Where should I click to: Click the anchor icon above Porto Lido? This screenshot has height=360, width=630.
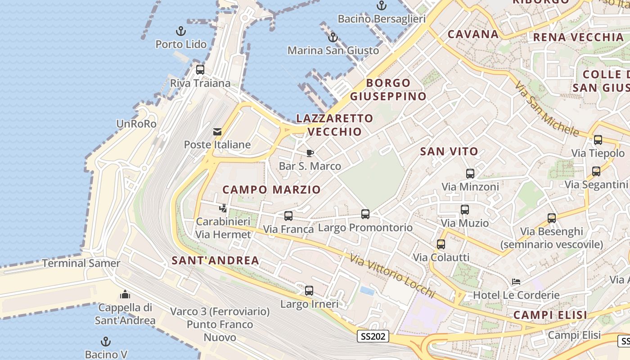[x=180, y=31]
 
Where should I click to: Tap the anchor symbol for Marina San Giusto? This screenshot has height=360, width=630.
[x=333, y=37]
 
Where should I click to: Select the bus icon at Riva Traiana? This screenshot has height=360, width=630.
[x=200, y=70]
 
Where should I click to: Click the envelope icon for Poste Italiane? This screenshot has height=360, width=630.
[x=217, y=132]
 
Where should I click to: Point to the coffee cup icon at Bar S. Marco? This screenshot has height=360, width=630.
[x=310, y=153]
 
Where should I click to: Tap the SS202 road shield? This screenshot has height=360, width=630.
[x=373, y=336]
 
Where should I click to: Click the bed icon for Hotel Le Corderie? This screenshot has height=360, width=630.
[x=516, y=282]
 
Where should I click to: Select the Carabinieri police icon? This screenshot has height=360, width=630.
[x=223, y=208]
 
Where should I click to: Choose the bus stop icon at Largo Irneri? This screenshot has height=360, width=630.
[x=309, y=291]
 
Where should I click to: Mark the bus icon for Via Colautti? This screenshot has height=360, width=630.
[x=441, y=244]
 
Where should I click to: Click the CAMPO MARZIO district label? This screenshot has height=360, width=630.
[x=271, y=189]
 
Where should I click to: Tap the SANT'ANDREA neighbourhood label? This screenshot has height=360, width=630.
[x=216, y=260]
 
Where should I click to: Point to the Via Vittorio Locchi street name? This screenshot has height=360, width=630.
[x=392, y=275]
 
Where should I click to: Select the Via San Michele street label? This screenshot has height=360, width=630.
[x=546, y=109]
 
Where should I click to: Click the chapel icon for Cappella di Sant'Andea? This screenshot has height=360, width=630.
[x=125, y=295]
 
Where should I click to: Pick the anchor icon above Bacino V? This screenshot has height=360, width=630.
[x=106, y=342]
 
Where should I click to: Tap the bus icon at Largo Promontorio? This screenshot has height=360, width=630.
[x=365, y=214]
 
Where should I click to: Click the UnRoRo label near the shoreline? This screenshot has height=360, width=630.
[x=136, y=124]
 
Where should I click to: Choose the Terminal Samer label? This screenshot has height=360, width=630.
[x=81, y=263]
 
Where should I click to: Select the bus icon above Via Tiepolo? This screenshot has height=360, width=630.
[x=598, y=140]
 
